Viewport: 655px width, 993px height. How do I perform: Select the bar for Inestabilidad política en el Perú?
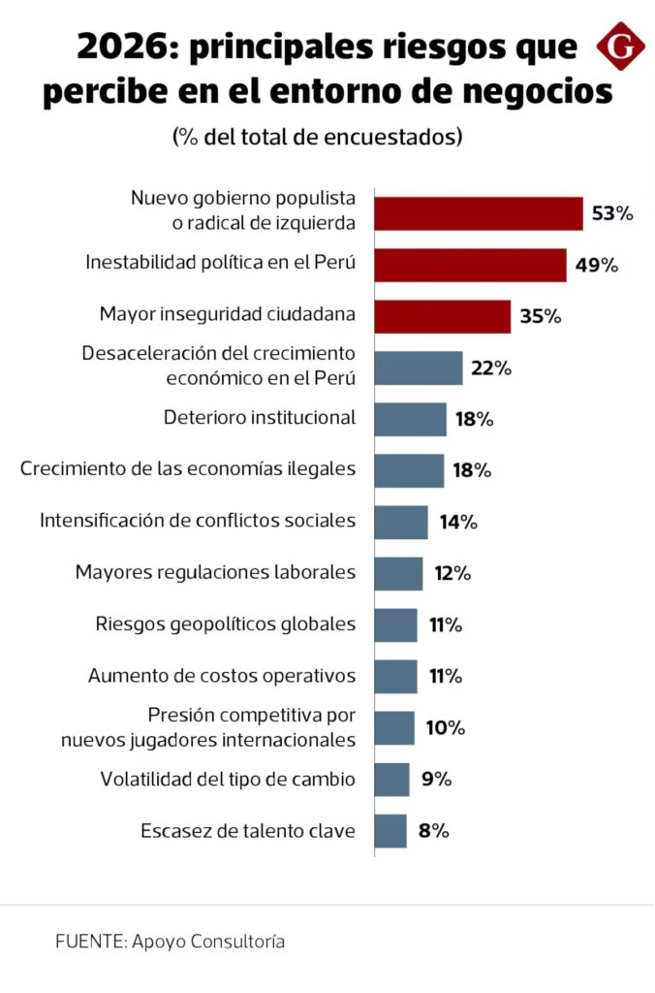[470, 266]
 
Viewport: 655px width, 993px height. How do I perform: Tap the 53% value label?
[611, 213]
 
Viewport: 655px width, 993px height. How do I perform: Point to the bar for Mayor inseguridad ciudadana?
[442, 316]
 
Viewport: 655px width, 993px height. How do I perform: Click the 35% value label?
[540, 316]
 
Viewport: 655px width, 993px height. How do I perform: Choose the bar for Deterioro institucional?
[410, 419]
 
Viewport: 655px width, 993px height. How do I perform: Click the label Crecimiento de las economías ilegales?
[188, 469]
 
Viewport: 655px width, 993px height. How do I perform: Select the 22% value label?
[491, 368]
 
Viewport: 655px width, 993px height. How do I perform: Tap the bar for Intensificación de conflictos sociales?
[401, 522]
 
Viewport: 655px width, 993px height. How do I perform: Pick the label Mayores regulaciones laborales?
[215, 572]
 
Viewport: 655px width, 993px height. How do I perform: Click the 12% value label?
[452, 573]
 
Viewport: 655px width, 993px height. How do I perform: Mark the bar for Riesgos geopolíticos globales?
[395, 625]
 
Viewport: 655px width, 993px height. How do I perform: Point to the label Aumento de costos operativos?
[222, 675]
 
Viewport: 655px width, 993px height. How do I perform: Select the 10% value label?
[445, 727]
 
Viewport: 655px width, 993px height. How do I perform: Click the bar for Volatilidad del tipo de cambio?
[391, 779]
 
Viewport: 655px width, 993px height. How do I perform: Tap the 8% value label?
[434, 830]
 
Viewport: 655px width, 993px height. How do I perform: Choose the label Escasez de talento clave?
[247, 830]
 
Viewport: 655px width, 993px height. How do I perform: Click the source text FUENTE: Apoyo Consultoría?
[170, 942]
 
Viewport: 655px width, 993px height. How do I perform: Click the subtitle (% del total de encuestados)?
[317, 136]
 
